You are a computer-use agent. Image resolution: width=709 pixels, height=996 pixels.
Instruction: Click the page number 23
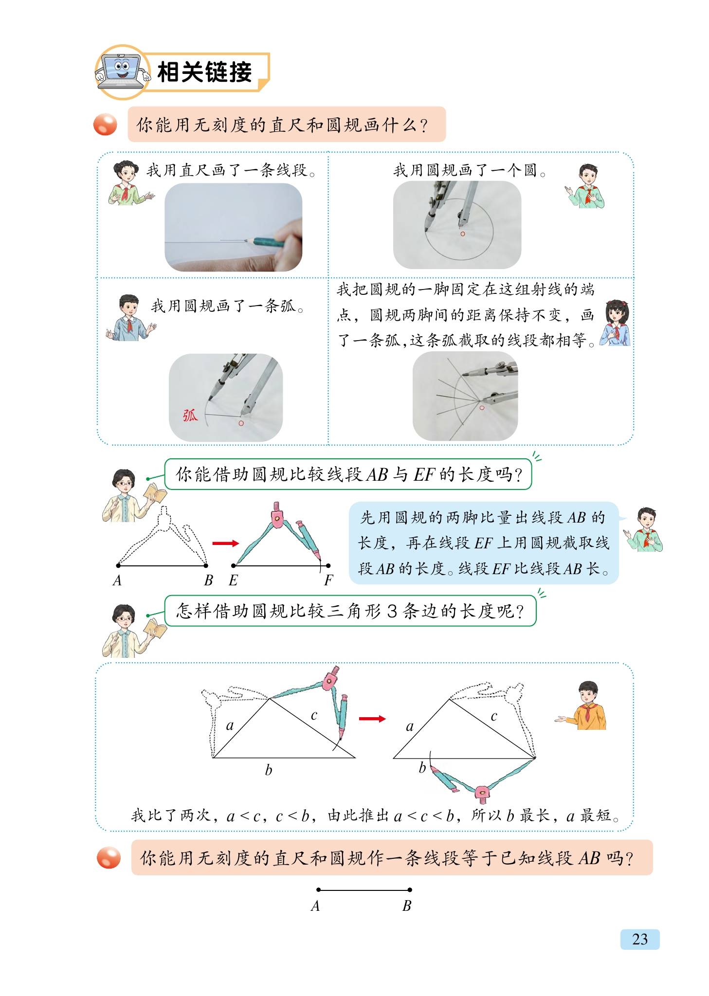(639, 939)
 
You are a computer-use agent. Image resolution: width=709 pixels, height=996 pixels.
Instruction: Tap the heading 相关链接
(204, 72)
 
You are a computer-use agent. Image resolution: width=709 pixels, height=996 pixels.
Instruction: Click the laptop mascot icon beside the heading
(122, 72)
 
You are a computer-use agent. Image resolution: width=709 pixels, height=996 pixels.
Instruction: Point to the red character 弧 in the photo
(190, 415)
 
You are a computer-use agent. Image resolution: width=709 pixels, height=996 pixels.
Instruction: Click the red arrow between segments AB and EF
(225, 543)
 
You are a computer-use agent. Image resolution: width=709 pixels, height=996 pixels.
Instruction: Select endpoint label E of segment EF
(233, 580)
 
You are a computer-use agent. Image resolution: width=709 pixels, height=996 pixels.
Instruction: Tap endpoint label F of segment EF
(328, 580)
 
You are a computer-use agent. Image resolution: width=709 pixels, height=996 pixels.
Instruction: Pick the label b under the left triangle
(268, 769)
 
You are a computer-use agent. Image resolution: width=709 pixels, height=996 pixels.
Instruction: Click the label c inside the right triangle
(494, 716)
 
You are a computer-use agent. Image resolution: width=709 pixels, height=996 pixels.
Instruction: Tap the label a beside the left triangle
(230, 725)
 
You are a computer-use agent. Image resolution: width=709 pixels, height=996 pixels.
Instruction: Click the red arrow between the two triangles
(372, 718)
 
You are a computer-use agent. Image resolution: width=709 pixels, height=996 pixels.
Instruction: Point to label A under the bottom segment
(315, 905)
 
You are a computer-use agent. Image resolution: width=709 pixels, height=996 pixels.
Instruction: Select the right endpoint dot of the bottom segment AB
(410, 889)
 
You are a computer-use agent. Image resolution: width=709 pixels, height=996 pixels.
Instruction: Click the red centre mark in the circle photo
(463, 234)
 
